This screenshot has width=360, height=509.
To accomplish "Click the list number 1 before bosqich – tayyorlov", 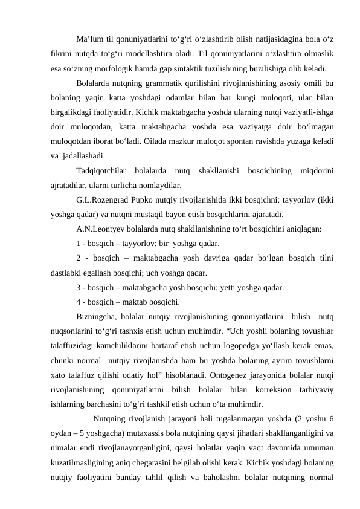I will pyautogui.click(x=79, y=244).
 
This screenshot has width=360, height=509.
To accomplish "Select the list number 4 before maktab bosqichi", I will pyautogui.click(x=79, y=302).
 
